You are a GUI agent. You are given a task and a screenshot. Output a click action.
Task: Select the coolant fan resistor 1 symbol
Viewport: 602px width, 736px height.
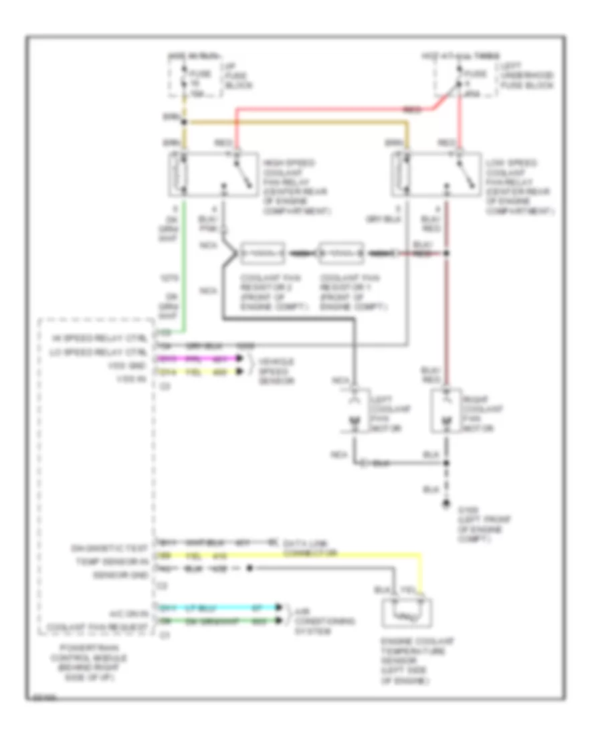click(x=342, y=254)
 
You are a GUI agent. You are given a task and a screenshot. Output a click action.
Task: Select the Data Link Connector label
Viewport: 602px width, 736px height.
click(x=308, y=548)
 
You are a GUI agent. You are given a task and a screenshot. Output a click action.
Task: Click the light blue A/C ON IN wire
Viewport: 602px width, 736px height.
click(x=221, y=608)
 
